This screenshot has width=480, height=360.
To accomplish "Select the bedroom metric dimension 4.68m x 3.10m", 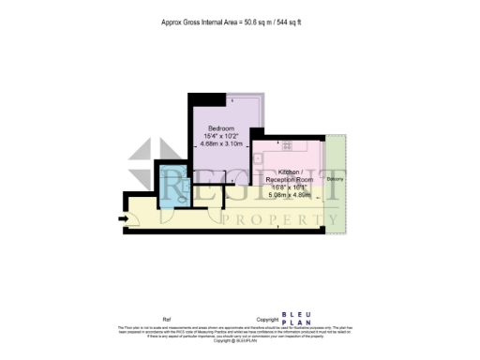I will click(x=222, y=144).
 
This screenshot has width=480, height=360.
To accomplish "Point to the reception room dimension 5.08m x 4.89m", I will click(x=289, y=196).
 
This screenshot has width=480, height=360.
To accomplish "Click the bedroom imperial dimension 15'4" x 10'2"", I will click(x=222, y=136).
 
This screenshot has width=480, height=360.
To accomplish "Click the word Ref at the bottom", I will click(x=168, y=320).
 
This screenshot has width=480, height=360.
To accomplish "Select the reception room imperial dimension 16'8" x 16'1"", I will click(x=289, y=187).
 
